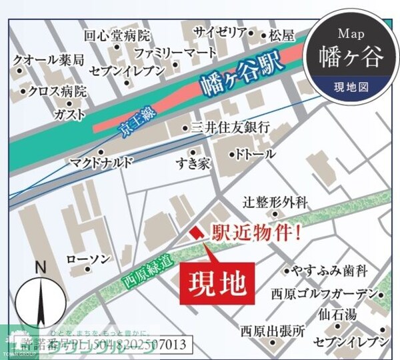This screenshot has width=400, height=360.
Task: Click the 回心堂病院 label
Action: tap(117, 36)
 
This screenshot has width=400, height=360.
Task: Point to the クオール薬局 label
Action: tap(49, 61)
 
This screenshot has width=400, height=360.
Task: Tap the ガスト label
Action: tap(70, 115)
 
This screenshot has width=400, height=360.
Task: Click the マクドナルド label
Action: tap(102, 162)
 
